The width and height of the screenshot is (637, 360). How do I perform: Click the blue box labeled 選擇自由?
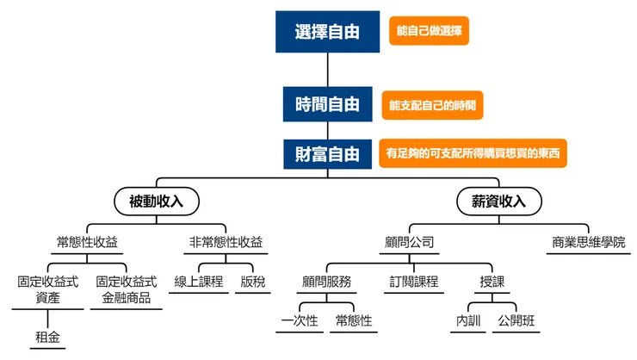(327, 33)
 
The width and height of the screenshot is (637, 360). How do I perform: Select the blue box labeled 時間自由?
(327, 104)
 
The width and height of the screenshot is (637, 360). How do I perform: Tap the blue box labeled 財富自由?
(327, 154)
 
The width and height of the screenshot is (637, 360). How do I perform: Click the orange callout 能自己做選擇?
(429, 32)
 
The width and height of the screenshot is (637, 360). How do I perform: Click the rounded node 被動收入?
(157, 202)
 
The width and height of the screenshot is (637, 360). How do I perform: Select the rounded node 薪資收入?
(499, 202)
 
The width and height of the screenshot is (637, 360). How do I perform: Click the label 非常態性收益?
(226, 241)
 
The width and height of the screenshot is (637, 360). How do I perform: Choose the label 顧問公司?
(409, 241)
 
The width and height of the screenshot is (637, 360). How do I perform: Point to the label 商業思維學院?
(589, 241)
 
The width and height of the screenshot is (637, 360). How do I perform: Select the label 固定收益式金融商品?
(127, 289)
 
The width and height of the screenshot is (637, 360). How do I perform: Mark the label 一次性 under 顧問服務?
(300, 320)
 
